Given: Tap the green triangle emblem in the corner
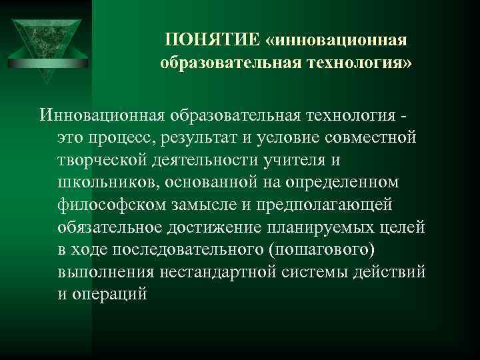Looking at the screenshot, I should pyautogui.click(x=46, y=40).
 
